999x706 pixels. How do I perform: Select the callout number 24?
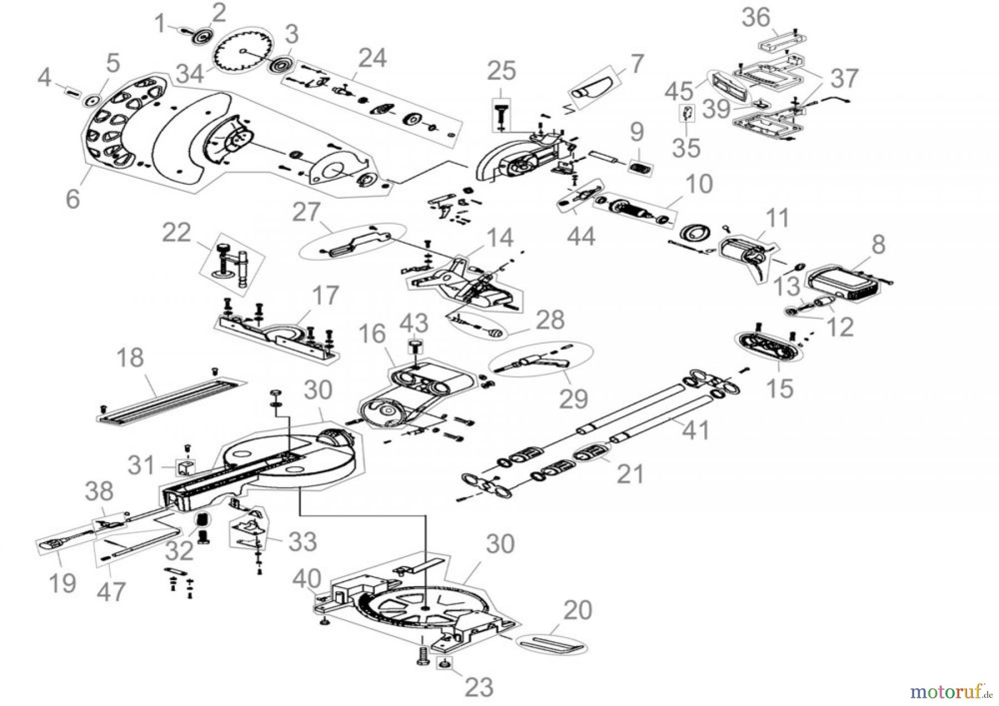(372, 58)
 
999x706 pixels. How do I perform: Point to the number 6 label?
(73, 198)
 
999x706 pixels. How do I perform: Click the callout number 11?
(777, 218)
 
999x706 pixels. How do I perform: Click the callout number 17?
(325, 296)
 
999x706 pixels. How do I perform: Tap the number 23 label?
(478, 687)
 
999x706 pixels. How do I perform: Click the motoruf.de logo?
(950, 692)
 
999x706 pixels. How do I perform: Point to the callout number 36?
(756, 18)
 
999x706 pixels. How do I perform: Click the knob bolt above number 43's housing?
(415, 346)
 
